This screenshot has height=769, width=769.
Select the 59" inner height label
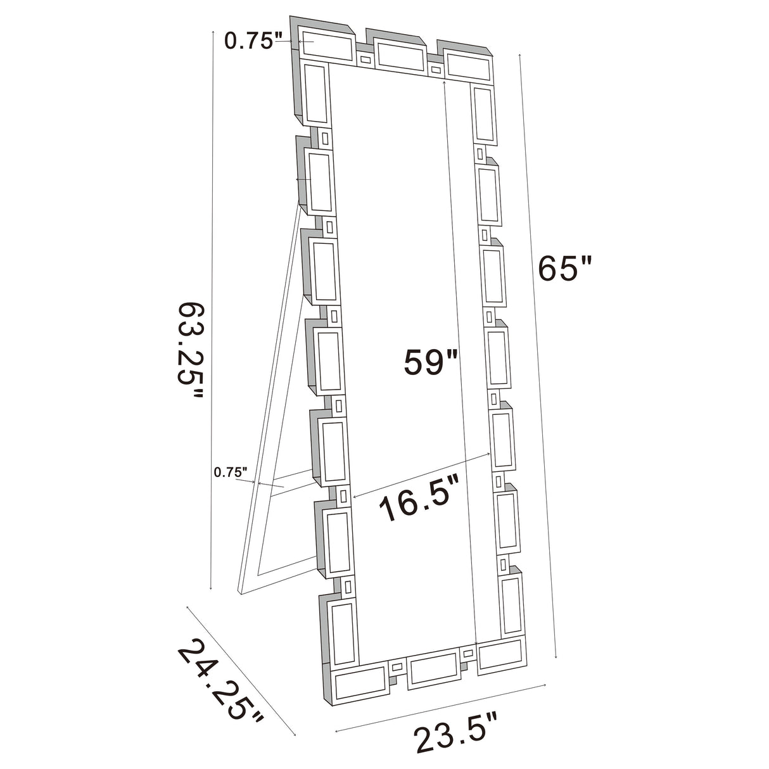point(430,362)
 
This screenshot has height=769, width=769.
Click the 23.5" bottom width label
point(455,738)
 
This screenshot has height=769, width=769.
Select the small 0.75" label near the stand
point(231,472)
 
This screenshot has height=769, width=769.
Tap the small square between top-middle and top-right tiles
point(436,68)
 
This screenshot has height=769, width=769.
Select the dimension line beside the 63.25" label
point(211,317)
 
